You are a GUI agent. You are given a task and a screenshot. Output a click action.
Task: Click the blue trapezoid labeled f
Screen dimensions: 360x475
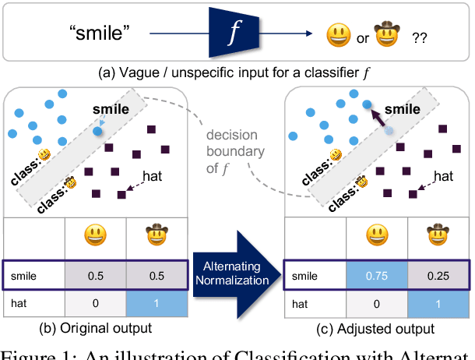click(x=231, y=32)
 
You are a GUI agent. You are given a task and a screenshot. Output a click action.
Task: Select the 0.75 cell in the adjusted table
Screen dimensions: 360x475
click(x=376, y=276)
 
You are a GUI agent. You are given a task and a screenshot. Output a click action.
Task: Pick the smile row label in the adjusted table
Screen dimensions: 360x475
click(x=304, y=276)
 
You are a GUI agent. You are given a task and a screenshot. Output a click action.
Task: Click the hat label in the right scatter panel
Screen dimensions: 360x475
click(x=443, y=176)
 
